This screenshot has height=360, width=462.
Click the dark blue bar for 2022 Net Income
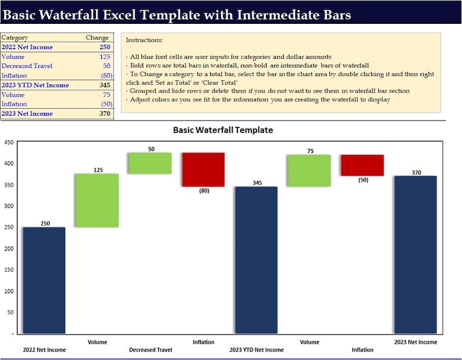tap(44, 280)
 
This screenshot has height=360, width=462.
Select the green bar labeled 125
tap(97, 200)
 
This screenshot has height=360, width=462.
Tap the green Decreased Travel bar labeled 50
tap(150, 163)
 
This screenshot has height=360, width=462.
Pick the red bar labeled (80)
tap(202, 169)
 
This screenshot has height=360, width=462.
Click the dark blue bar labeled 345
tap(256, 259)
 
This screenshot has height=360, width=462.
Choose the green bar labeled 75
tap(309, 170)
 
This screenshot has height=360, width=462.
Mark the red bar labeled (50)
tap(362, 165)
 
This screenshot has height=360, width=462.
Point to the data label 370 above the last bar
tap(416, 172)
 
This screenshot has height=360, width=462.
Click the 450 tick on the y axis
tap(9, 142)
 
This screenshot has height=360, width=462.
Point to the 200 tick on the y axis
tap(9, 248)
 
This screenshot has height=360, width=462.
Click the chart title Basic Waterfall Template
tap(223, 130)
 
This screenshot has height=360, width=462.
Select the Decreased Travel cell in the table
tap(27, 66)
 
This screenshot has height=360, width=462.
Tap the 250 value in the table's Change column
tap(104, 47)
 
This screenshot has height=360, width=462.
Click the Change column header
tap(97, 37)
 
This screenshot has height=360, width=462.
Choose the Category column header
tap(15, 37)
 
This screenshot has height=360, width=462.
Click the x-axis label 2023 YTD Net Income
tap(257, 350)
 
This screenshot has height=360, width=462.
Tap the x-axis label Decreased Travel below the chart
tap(150, 350)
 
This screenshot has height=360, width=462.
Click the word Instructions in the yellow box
tap(144, 40)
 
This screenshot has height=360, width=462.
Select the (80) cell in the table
tap(105, 76)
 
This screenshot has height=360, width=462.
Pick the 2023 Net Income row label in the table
tap(27, 113)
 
